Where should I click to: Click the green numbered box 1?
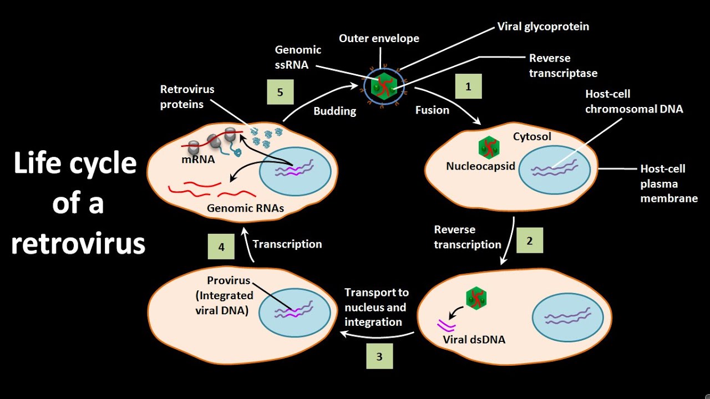(468, 86)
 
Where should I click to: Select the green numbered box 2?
(529, 240)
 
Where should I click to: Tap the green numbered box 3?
(379, 356)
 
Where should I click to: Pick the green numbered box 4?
(221, 246)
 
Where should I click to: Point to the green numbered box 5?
(280, 92)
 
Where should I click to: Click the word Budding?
(334, 111)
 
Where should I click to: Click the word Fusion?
(432, 110)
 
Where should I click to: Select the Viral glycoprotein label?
(543, 26)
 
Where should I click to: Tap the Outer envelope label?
(379, 38)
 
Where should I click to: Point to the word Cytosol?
(532, 136)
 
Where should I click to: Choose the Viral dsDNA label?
(474, 340)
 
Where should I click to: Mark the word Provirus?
(229, 280)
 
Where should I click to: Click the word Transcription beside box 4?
(287, 244)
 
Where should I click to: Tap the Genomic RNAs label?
(245, 209)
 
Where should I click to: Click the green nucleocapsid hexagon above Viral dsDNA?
(475, 298)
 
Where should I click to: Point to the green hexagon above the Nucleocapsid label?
(489, 147)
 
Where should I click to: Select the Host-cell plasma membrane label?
(668, 183)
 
